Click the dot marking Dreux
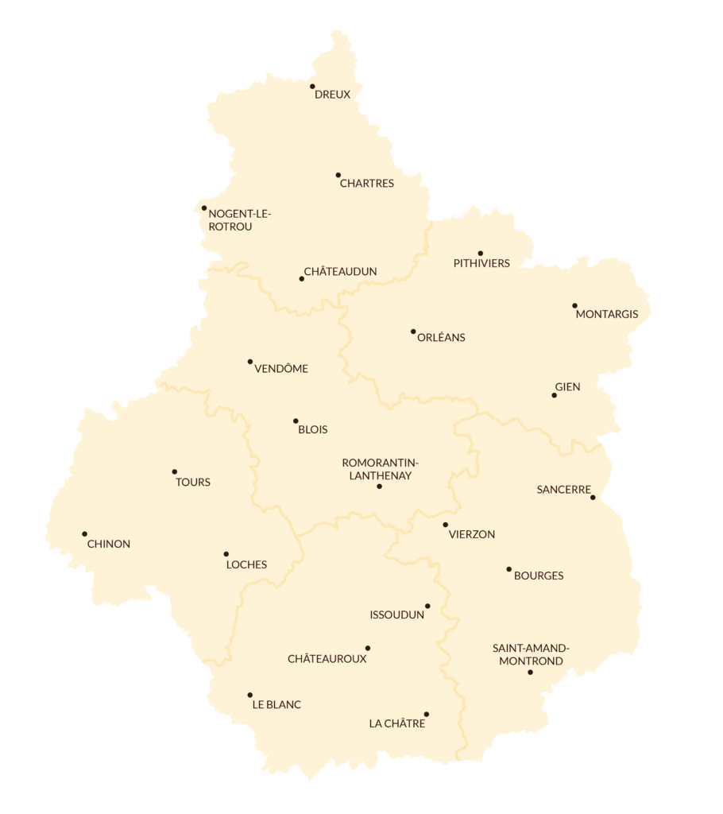point(312,87)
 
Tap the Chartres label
point(366,184)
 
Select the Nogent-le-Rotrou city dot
point(204,208)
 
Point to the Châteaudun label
point(340,272)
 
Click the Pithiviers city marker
point(480,254)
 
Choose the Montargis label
point(606,314)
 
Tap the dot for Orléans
point(413,331)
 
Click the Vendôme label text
point(281,369)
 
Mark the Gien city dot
point(555,395)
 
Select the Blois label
point(312,430)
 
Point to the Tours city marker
point(175,471)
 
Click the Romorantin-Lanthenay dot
point(379,486)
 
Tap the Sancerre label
point(563,490)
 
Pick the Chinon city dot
point(84,534)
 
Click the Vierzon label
point(472,535)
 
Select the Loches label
point(246,565)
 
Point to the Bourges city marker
point(508,569)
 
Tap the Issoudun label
point(397,614)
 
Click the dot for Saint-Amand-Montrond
point(530,673)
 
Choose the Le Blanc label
point(276,705)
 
